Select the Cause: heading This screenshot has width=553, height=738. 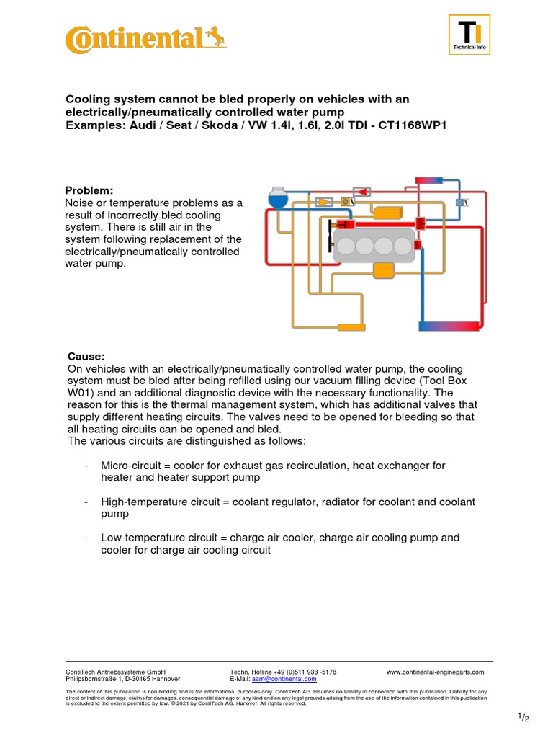coord(86,357)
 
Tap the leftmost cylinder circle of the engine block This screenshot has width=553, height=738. coord(347,246)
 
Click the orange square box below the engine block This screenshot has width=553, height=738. coord(383,270)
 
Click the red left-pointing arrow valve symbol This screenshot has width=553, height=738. coord(361,192)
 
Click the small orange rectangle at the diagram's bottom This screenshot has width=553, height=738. coord(351,327)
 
